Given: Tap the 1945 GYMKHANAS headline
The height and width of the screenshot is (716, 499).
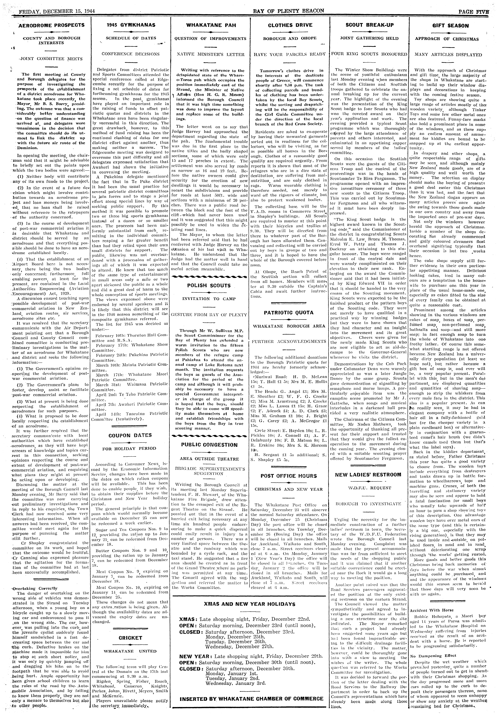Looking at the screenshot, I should (130, 25).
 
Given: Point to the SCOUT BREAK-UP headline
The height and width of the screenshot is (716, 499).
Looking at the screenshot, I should (370, 25).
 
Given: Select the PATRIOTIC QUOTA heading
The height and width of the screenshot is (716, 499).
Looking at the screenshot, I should (289, 312).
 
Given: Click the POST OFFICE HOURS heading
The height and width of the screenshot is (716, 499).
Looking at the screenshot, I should (289, 476).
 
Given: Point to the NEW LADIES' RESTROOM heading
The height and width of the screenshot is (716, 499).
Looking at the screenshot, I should (368, 475).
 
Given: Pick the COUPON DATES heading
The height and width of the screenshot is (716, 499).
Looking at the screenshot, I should (130, 435).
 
